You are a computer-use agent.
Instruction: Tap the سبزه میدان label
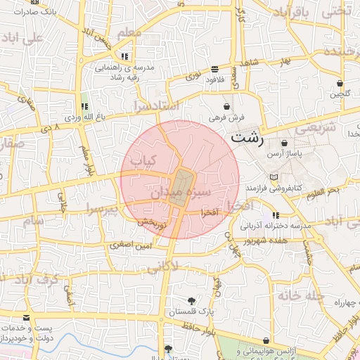[x=181, y=191]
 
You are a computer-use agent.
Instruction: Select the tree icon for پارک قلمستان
[x=191, y=301]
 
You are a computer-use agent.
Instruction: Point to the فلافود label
[x=216, y=79]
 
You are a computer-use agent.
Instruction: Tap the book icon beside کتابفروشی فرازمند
[x=274, y=176]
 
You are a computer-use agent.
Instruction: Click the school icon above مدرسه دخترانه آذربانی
[x=276, y=215]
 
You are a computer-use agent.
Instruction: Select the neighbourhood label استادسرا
[x=157, y=106]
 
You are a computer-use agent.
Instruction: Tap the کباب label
[x=144, y=160]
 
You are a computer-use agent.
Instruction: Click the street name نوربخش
[x=151, y=223]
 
